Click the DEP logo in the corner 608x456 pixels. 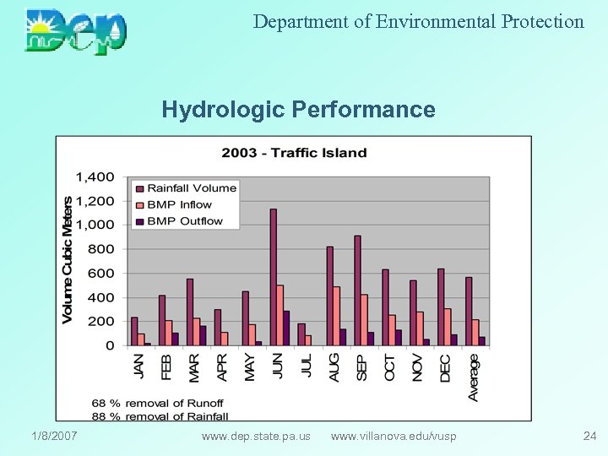coord(76,31)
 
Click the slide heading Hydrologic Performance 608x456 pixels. coord(298,110)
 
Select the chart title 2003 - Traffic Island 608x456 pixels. coord(294,153)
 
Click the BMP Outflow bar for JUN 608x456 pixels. coord(286,328)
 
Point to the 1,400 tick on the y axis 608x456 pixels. coord(95,177)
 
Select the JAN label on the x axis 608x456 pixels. coord(139,366)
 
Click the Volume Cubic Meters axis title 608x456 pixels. coord(68,259)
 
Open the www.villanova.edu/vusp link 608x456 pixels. coord(394,436)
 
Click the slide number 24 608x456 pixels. coord(589,436)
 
